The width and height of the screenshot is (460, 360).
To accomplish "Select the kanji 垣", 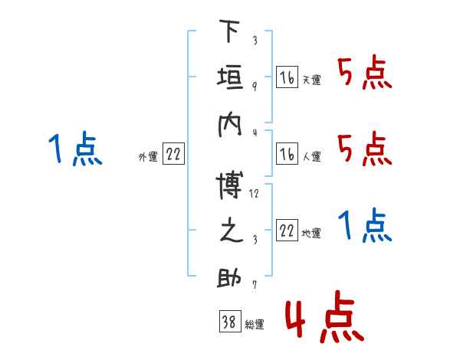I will pos(228,80).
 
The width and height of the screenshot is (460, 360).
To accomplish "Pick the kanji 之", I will pos(228,231).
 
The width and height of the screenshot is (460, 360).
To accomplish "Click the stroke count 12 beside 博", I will pos(254,194).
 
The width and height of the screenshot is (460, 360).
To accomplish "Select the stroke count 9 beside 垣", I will pos(254,85).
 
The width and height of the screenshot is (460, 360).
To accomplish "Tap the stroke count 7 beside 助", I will pos(254,286).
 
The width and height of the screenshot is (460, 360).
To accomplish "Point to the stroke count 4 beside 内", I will pos(254,132).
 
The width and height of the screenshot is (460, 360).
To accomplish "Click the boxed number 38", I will pos(228,322).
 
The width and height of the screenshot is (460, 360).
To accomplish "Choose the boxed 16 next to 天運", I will pos(287,77).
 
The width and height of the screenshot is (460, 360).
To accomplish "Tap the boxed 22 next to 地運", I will pos(287,231).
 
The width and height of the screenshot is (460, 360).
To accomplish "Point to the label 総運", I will pos(254,325).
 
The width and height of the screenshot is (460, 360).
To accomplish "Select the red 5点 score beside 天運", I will pos(365,74).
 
